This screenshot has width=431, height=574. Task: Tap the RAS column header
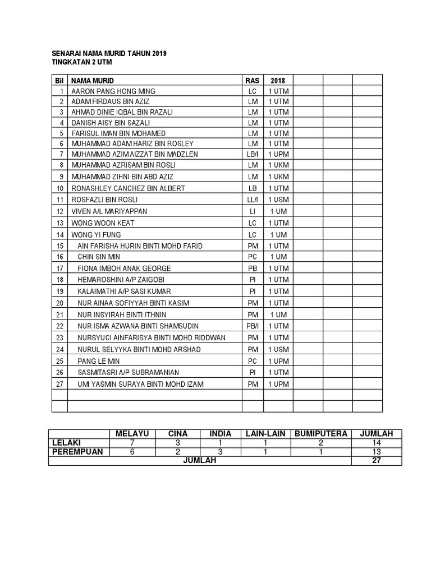click(252, 81)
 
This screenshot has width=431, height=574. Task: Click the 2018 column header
click(278, 81)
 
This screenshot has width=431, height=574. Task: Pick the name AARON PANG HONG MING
click(113, 91)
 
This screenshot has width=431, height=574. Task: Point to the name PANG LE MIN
click(99, 361)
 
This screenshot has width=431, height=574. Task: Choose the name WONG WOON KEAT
click(103, 223)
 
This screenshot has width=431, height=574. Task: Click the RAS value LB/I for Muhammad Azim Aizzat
click(252, 154)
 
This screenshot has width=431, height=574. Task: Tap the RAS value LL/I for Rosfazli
click(252, 200)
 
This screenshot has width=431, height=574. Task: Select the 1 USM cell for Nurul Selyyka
click(278, 349)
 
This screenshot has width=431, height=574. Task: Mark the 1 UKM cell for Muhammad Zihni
click(278, 177)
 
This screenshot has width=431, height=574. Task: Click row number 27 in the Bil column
click(60, 384)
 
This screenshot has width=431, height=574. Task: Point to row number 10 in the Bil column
click(60, 188)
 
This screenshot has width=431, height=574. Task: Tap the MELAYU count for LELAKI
click(132, 443)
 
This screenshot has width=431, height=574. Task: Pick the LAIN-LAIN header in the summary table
click(265, 434)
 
